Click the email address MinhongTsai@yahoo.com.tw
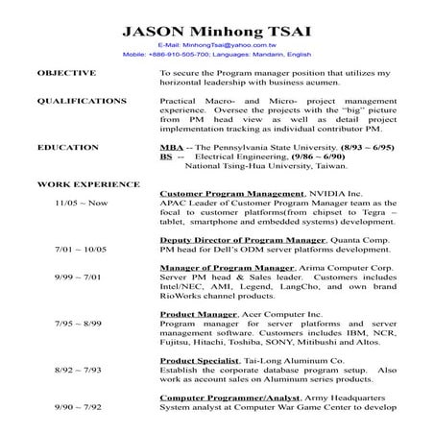216,45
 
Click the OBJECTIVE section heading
66,73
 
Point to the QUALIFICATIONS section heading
82,100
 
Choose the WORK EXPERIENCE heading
87,183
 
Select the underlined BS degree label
166,156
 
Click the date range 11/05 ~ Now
81,204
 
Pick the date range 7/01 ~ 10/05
81,249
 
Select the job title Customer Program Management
229,193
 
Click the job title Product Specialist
198,359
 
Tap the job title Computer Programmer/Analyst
231,397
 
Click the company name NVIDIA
327,193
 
